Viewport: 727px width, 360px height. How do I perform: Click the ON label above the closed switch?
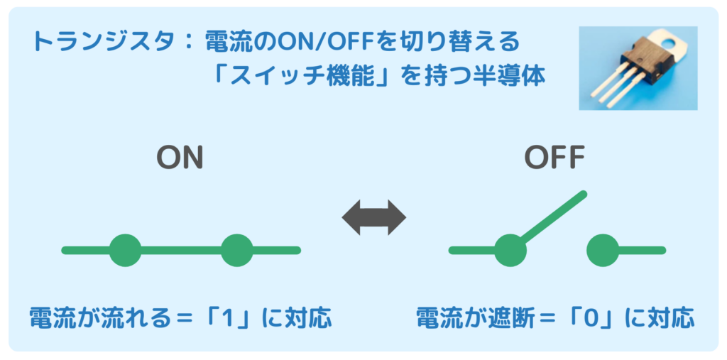[180, 158]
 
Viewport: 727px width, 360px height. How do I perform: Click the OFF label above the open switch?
[554, 158]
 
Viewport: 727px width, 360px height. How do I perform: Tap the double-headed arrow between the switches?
[373, 218]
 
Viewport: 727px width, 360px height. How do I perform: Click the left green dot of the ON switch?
[126, 250]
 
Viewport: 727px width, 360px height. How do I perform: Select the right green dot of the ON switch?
[236, 250]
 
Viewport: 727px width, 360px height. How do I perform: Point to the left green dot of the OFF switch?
[510, 250]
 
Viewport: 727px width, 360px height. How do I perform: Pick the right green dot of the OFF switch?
[603, 250]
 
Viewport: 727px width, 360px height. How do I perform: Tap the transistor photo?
[638, 68]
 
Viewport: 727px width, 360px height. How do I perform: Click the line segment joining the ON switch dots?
[181, 250]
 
